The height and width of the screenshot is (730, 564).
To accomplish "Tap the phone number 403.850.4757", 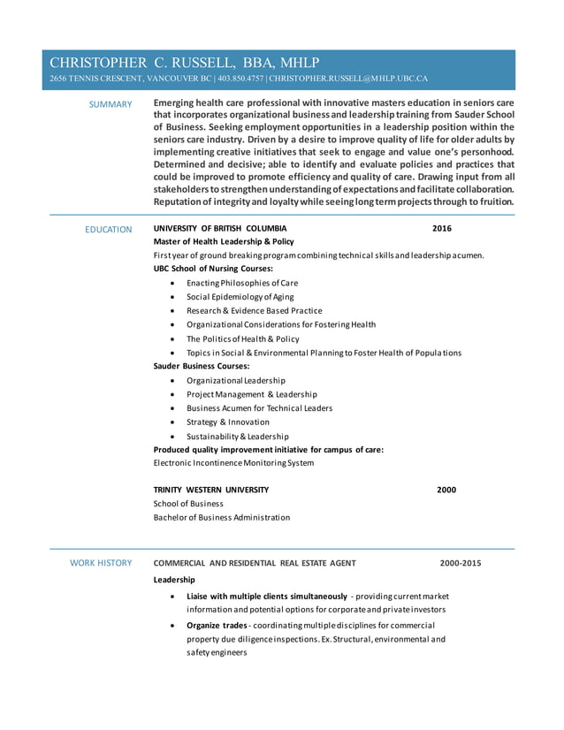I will point(240,79).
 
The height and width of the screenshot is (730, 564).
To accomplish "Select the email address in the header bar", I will point(348,79).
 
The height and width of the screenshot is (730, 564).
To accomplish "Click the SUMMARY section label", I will point(111,105).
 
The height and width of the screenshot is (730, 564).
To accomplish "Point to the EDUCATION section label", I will point(108,230).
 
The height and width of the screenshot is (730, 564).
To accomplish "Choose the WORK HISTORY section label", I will point(101,563).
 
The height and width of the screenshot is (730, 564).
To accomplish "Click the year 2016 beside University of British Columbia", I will point(441,228).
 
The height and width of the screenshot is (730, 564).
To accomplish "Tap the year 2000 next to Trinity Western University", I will point(446,490).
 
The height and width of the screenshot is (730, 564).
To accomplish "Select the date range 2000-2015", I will point(461,563).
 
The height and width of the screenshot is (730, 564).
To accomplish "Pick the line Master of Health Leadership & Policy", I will point(224,241).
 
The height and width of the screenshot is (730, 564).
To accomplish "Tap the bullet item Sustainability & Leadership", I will point(237,437).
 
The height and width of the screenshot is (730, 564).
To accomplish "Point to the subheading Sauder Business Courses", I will point(202,365).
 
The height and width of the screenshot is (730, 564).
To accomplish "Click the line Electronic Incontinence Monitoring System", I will point(233,463).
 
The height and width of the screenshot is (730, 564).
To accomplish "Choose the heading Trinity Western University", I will point(211,490).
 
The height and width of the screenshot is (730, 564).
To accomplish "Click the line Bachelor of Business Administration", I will point(221,517).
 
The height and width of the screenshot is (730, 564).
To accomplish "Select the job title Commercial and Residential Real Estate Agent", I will point(255,563).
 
